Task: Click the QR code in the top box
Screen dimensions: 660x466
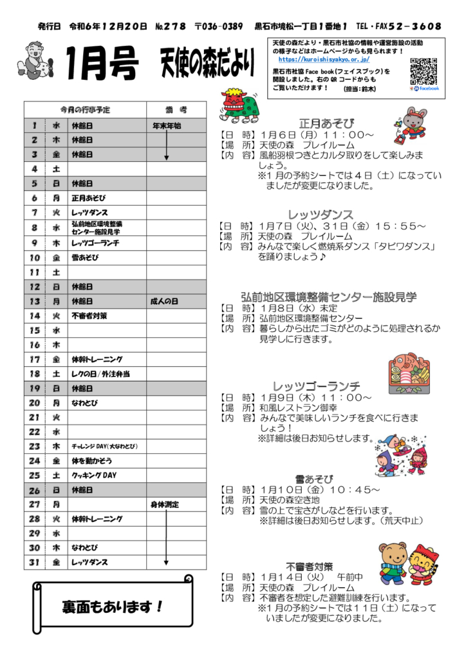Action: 424,71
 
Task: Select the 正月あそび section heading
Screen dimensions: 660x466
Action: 326,123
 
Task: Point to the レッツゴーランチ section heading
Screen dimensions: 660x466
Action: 316,386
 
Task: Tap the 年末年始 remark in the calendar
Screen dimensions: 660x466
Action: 166,126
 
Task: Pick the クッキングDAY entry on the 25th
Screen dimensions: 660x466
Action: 93,475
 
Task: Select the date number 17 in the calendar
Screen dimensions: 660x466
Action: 35,359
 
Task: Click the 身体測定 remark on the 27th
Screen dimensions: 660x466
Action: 165,504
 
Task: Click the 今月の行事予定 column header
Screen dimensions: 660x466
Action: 85,110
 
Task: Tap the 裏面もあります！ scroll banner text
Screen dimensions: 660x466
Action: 112,607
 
